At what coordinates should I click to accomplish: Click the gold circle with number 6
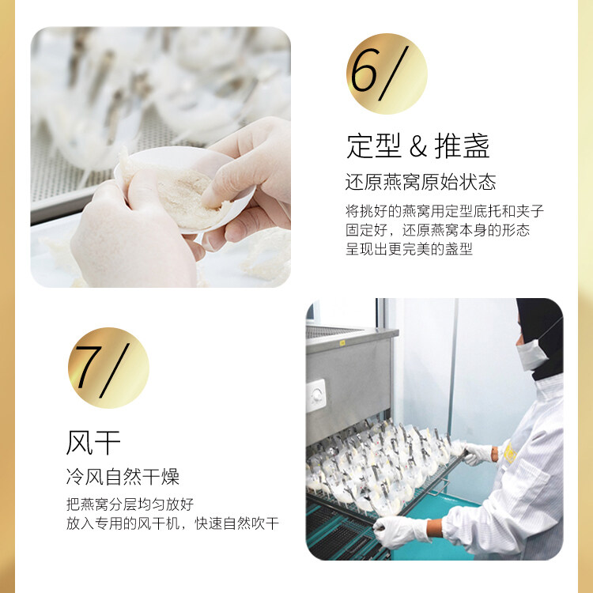[387, 74]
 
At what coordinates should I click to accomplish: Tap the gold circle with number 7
[108, 368]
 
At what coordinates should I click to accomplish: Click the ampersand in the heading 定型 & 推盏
[418, 146]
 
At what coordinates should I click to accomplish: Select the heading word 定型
[374, 146]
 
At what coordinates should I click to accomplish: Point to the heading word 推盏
[463, 146]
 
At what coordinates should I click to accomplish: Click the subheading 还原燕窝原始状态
[421, 182]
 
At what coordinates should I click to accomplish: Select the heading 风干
[93, 443]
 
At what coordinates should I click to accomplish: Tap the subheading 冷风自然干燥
[123, 477]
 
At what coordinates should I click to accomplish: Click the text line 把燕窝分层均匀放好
[130, 504]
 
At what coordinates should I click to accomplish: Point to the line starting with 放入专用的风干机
[172, 523]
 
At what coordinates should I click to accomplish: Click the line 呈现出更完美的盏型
[410, 249]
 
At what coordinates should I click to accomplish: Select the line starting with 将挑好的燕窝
[444, 210]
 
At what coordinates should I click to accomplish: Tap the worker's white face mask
[531, 355]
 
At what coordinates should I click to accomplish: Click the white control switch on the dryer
[316, 395]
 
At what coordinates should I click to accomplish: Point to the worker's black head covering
[542, 337]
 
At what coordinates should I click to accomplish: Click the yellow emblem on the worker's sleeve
[510, 452]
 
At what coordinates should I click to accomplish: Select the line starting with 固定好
[438, 230]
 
